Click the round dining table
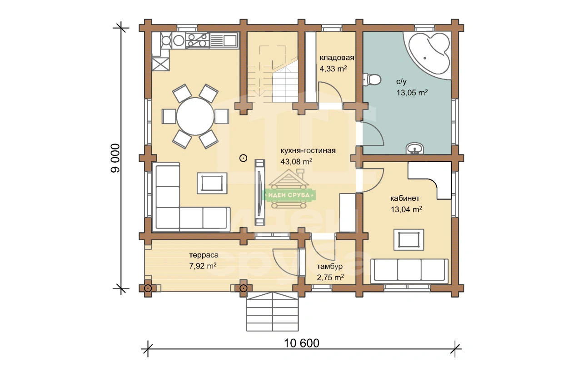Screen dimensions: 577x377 coord(195,116)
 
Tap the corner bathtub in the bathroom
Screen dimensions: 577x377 coord(428,55)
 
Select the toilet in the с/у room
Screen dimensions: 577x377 coord(372,79)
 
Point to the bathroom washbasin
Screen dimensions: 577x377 coord(414,149)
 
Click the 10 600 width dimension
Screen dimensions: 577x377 coord(302,343)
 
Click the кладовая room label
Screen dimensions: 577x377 coord(337,58)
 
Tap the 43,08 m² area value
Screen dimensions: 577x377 coord(296,161)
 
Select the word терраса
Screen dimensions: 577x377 coord(204,255)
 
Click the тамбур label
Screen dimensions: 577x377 coord(330,266)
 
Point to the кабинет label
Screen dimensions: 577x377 coord(405,198)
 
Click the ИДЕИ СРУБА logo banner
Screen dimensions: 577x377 coord(289,195)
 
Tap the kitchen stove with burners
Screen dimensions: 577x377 coord(197,40)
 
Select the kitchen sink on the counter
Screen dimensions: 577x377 coord(224,40)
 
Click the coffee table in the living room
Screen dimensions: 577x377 coord(212,183)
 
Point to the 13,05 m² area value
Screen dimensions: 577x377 coord(412,93)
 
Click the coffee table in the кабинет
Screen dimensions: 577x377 coord(409,239)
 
